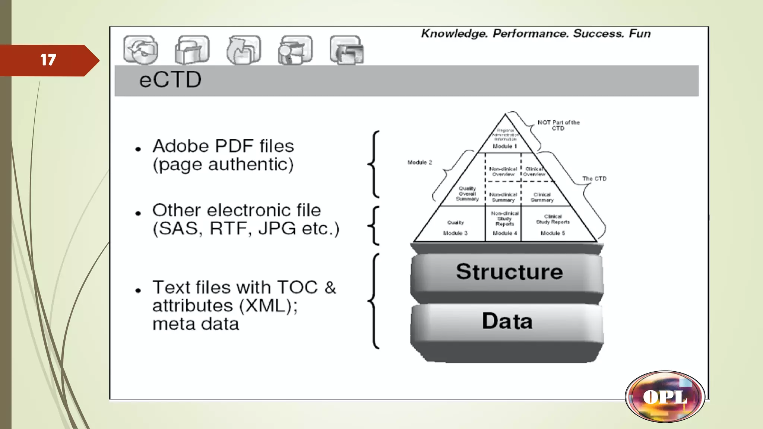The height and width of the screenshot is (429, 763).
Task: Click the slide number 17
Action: (x=48, y=60)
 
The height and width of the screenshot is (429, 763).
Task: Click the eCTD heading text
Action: (x=170, y=80)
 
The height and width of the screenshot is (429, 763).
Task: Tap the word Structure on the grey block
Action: (x=509, y=271)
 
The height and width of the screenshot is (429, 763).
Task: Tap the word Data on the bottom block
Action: (x=507, y=321)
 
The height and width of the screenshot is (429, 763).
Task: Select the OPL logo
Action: (x=665, y=397)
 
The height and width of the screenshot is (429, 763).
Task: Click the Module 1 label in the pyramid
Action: (x=505, y=146)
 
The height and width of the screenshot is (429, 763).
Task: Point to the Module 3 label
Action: (x=455, y=233)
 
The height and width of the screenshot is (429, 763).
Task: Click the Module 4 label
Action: (x=505, y=233)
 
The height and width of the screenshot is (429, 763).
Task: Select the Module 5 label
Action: (x=553, y=233)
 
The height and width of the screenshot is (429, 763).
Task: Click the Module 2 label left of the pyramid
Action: (x=420, y=162)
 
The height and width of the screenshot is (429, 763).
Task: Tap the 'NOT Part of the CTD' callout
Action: (x=558, y=125)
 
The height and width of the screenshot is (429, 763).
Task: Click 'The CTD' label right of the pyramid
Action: (x=594, y=179)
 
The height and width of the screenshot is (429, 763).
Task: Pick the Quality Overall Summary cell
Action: (x=467, y=194)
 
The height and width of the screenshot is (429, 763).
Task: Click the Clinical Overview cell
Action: (x=534, y=171)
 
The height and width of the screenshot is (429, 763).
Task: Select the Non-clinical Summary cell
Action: (x=503, y=197)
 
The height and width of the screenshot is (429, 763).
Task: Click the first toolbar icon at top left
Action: (x=141, y=50)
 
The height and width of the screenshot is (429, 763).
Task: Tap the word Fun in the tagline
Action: (x=640, y=34)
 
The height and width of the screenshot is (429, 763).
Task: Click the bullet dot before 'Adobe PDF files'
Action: (x=138, y=149)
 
